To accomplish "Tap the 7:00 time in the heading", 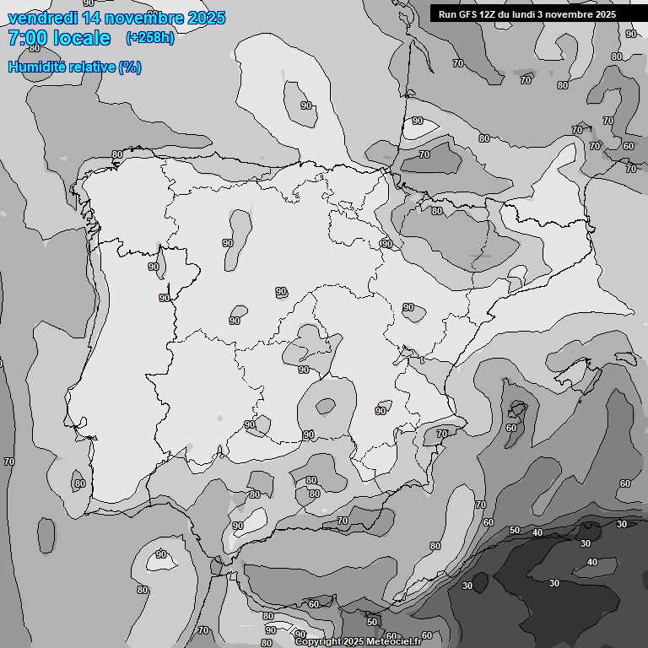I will pyautogui.click(x=25, y=38).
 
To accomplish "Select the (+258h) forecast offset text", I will pyautogui.click(x=149, y=38).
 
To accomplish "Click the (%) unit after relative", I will pyautogui.click(x=129, y=67).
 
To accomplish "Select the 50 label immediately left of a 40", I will pyautogui.click(x=515, y=530).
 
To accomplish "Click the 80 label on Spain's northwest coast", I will pyautogui.click(x=117, y=154).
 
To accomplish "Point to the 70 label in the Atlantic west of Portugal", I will pyautogui.click(x=9, y=462).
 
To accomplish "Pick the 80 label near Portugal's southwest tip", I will pyautogui.click(x=79, y=483).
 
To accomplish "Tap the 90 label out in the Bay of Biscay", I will pyautogui.click(x=306, y=105).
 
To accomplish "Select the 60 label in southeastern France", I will pyautogui.click(x=628, y=146).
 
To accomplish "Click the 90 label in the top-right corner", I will pyautogui.click(x=630, y=34).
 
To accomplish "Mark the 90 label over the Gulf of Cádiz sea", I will pyautogui.click(x=160, y=554).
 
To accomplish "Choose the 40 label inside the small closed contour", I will pyautogui.click(x=591, y=562).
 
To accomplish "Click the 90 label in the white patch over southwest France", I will pyautogui.click(x=418, y=121).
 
